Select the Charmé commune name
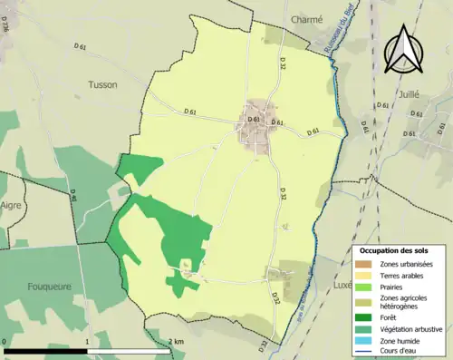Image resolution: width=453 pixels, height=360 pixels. (306, 18)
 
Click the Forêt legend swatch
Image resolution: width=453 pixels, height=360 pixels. (362, 317)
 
